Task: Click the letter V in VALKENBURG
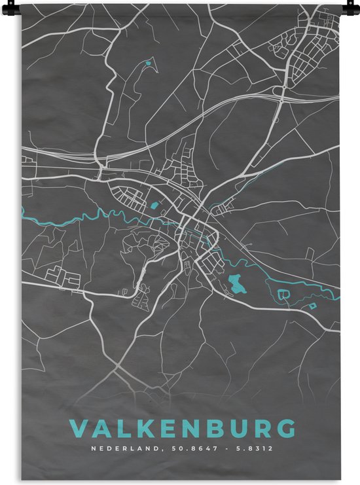[x=78, y=428]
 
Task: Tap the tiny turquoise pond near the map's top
[x=149, y=63]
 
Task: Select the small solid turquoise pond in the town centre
[x=154, y=206]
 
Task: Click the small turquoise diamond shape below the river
[x=313, y=306]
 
